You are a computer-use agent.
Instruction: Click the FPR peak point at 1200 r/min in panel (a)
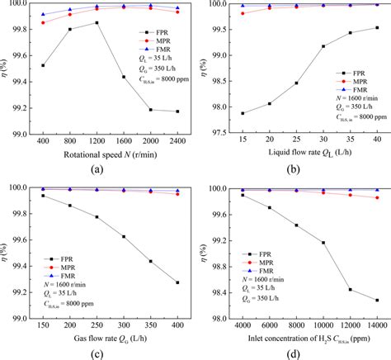click(x=97, y=23)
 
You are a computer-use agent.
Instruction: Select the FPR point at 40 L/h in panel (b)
click(x=377, y=27)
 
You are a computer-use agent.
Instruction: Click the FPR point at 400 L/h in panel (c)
click(x=177, y=282)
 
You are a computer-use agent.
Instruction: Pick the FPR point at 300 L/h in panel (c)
click(x=124, y=236)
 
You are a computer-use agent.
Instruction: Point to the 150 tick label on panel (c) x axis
click(x=43, y=326)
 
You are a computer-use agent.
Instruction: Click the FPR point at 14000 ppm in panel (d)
click(x=377, y=301)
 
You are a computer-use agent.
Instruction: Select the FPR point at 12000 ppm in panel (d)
click(x=351, y=290)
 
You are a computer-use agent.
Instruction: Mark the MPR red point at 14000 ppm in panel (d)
click(x=377, y=198)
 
